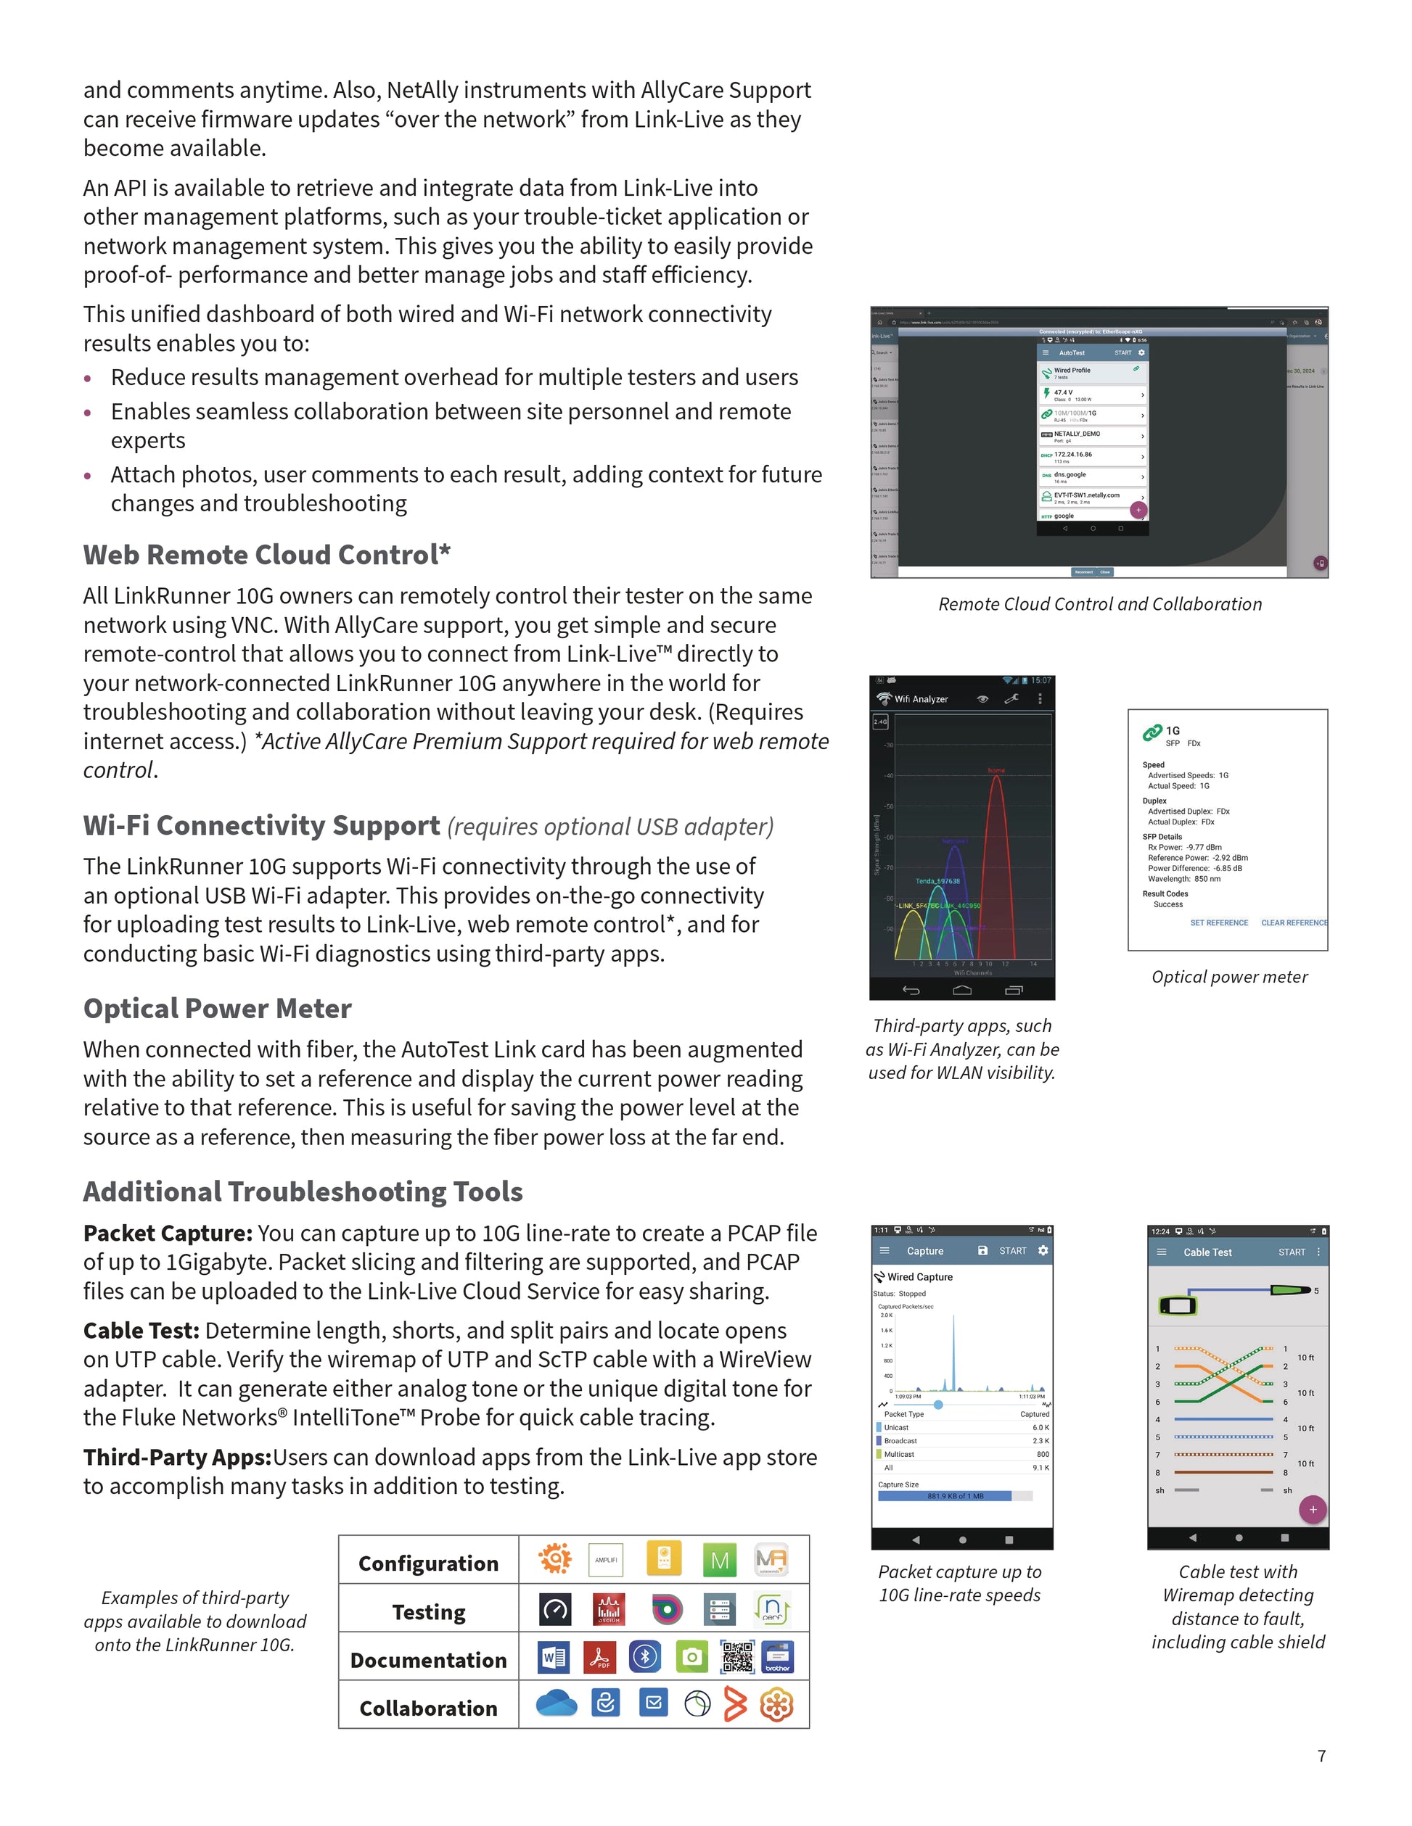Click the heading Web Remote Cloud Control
click(x=267, y=555)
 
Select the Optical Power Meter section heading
click(x=218, y=1008)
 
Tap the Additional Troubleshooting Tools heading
click(x=303, y=1191)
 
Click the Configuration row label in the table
click(x=428, y=1563)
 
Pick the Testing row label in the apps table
click(x=428, y=1612)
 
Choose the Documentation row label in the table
click(x=428, y=1661)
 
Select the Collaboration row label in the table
click(x=428, y=1708)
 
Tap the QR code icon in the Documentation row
click(x=737, y=1657)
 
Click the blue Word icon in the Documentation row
click(x=554, y=1657)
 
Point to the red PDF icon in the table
click(x=600, y=1657)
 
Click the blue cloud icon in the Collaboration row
click(x=557, y=1703)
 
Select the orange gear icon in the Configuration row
click(x=554, y=1558)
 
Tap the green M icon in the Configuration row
click(x=719, y=1560)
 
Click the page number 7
click(x=1321, y=1756)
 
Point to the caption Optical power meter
click(x=1229, y=977)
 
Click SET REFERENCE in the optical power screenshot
click(x=1219, y=923)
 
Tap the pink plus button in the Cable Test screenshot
click(x=1313, y=1509)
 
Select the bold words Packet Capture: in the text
click(x=168, y=1234)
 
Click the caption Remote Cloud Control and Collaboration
click(x=1100, y=603)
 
